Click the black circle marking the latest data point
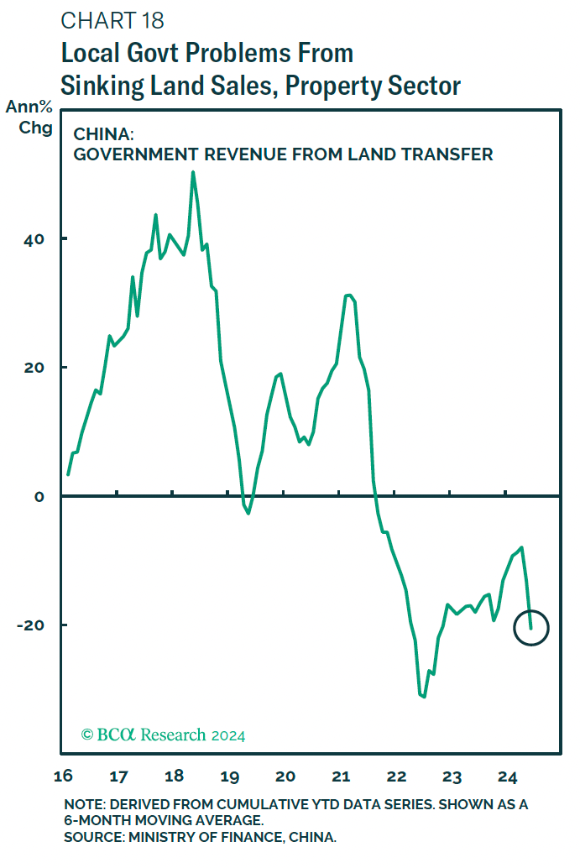pyautogui.click(x=530, y=627)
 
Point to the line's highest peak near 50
pyautogui.click(x=193, y=173)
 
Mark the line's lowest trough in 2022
pyautogui.click(x=424, y=696)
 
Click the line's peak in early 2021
pyautogui.click(x=348, y=295)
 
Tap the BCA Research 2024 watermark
pyautogui.click(x=163, y=735)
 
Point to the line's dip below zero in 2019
pyautogui.click(x=248, y=512)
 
